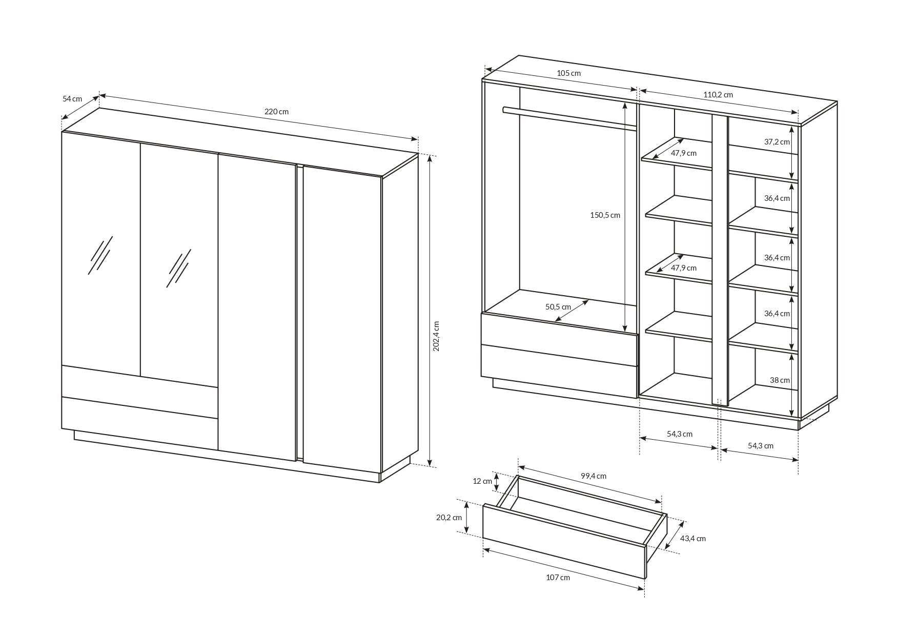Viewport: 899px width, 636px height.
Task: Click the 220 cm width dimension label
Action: pos(276,111)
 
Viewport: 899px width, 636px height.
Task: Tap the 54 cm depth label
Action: pos(72,98)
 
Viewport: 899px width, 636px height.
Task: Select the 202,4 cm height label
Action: pos(436,336)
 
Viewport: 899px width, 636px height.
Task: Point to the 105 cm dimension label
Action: pos(568,73)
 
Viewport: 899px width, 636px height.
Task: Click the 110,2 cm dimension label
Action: pos(718,94)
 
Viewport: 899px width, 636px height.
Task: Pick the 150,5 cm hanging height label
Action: pos(605,215)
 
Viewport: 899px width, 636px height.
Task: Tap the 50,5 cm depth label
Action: pos(558,307)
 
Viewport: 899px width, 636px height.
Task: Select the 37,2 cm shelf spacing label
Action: pos(777,142)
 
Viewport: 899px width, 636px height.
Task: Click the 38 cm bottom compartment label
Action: pos(780,380)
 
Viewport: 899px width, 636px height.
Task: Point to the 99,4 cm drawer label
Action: pos(593,476)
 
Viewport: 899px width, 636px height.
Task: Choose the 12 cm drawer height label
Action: pos(482,481)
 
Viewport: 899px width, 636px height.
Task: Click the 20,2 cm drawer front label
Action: pos(449,517)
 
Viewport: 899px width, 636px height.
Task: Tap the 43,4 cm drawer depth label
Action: pos(692,538)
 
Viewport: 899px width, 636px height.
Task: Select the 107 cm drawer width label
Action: pos(558,577)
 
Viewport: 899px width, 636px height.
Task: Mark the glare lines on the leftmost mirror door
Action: pos(100,255)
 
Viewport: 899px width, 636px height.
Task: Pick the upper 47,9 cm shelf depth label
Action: pos(683,153)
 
